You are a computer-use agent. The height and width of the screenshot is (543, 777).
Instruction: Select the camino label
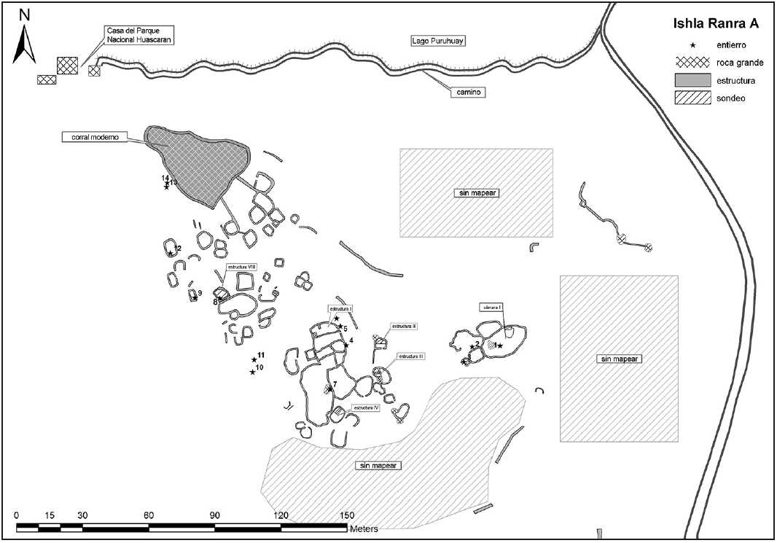(467, 93)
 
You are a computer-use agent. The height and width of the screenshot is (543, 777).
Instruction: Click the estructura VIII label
(241, 267)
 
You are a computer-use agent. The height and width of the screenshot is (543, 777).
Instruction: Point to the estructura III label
(411, 356)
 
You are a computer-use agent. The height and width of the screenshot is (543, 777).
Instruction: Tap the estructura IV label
(366, 407)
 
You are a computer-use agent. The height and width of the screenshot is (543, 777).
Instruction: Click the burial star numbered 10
(252, 372)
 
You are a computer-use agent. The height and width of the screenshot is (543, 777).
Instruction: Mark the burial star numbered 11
(254, 360)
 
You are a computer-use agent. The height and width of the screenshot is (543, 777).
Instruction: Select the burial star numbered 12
(170, 254)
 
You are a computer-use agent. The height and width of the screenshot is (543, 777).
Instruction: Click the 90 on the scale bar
(215, 515)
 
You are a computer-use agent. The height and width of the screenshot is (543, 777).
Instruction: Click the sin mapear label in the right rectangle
(620, 359)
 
